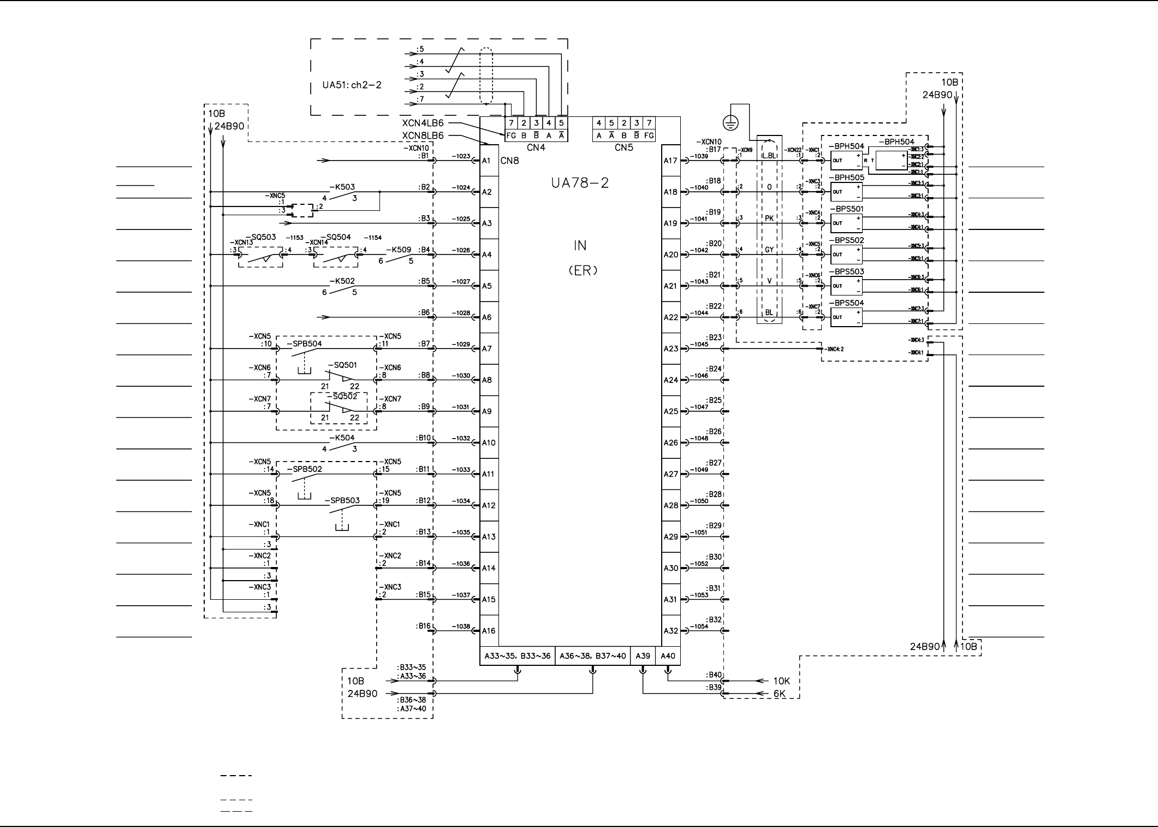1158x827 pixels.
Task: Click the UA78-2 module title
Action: pyautogui.click(x=579, y=184)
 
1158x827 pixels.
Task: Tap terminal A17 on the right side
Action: pyautogui.click(x=670, y=161)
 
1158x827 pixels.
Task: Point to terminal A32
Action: pyautogui.click(x=670, y=631)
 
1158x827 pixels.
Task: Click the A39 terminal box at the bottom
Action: pyautogui.click(x=643, y=656)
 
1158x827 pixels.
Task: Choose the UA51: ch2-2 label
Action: pyautogui.click(x=352, y=85)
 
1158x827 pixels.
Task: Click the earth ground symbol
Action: pyautogui.click(x=731, y=123)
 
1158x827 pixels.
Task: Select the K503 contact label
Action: pyautogui.click(x=342, y=187)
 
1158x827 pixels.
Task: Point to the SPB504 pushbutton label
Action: pyautogui.click(x=304, y=344)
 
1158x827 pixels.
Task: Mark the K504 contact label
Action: pyautogui.click(x=342, y=438)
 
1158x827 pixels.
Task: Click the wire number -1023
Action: pyautogui.click(x=461, y=156)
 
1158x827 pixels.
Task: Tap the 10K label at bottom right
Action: pyautogui.click(x=781, y=681)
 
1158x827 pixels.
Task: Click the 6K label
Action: pyautogui.click(x=779, y=694)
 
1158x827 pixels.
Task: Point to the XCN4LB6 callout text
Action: pyautogui.click(x=423, y=123)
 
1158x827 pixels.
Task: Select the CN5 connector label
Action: pyautogui.click(x=623, y=147)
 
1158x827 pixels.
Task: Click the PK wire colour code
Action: pyautogui.click(x=769, y=218)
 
